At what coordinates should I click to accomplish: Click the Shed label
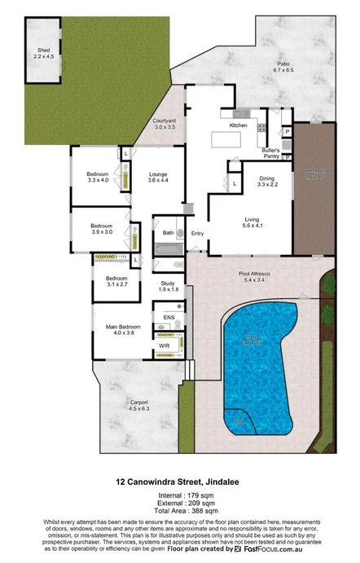(42, 51)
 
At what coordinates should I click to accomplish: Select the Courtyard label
(165, 122)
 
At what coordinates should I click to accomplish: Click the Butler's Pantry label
(271, 153)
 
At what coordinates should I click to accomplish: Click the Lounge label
(158, 174)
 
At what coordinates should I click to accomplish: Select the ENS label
(169, 317)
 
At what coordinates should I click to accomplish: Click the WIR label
(165, 345)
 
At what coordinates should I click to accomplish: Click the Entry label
(197, 234)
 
